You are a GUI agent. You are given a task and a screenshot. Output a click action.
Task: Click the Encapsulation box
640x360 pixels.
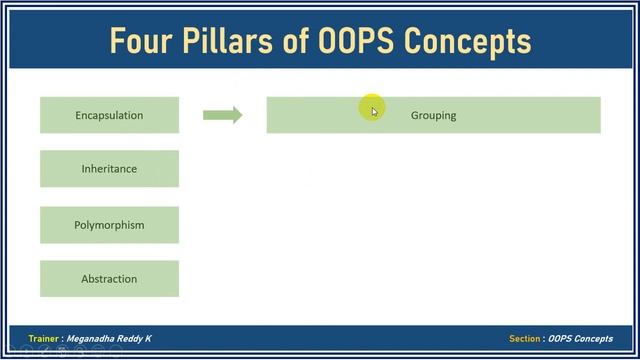coord(109,115)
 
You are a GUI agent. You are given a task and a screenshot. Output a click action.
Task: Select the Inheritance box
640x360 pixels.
coord(109,169)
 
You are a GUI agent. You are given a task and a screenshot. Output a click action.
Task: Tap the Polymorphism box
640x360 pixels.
coord(109,225)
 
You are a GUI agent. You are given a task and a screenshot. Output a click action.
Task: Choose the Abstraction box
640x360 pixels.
coord(109,279)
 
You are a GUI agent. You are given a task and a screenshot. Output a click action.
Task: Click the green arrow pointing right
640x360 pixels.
coord(222,115)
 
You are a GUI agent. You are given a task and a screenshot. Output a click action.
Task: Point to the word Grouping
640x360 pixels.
coord(433,116)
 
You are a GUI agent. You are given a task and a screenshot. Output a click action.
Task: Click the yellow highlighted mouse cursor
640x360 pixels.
coord(372,109)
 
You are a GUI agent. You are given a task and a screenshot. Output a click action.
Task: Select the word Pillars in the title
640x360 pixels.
coord(226,41)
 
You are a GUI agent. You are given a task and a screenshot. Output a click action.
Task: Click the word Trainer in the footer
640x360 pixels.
coord(43,339)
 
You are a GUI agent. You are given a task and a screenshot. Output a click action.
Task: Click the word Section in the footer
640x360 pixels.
coord(524,339)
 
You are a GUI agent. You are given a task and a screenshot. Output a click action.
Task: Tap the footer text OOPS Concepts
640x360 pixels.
coord(581,339)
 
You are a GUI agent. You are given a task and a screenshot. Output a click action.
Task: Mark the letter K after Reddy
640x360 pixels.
coord(149,339)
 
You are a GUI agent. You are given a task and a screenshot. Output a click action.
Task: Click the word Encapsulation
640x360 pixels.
coord(109,115)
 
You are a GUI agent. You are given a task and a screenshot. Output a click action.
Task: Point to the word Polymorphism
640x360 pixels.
coord(109,225)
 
